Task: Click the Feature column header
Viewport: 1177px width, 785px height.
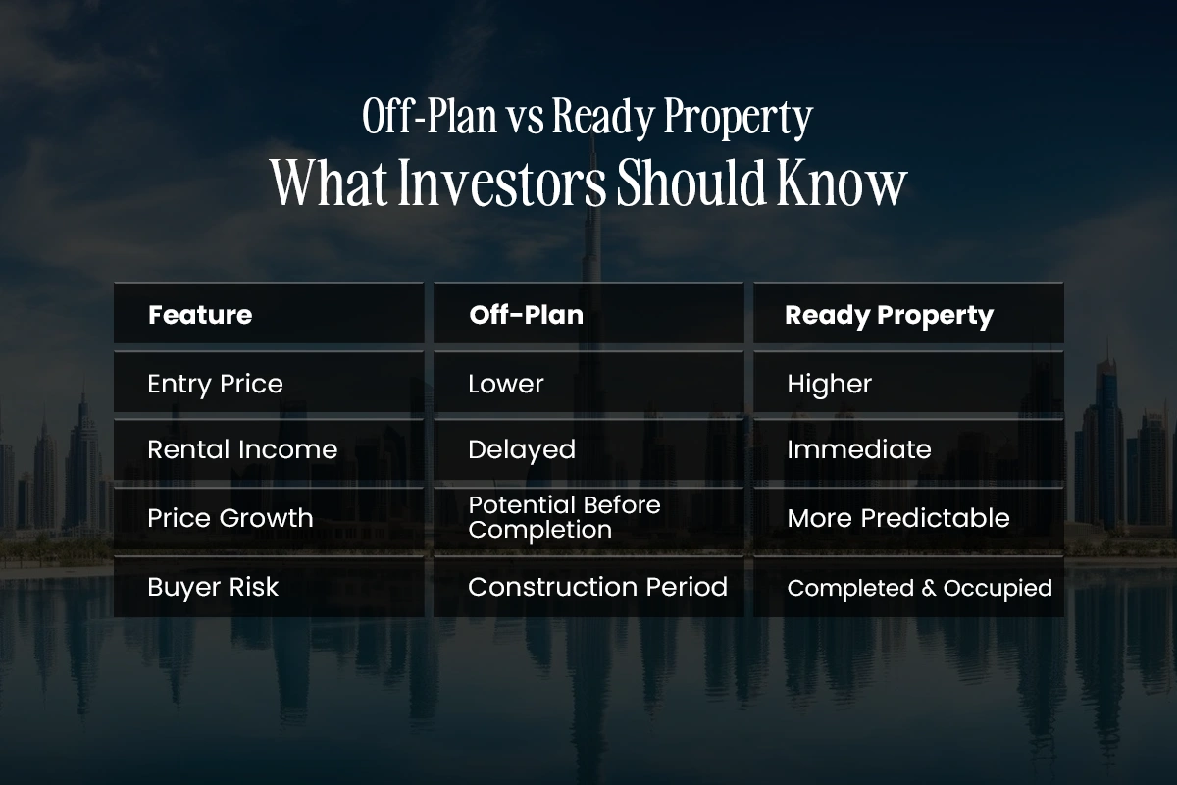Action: click(200, 315)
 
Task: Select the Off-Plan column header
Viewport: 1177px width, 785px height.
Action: click(527, 315)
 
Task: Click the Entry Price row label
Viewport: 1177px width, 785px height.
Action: click(215, 385)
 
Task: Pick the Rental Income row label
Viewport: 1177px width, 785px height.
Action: click(242, 449)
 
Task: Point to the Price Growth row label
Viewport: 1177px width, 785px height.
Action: click(230, 518)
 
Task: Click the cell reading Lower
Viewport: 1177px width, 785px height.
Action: click(506, 384)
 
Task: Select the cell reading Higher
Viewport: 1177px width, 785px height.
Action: click(829, 384)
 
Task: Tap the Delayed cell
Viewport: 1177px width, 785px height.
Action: click(522, 450)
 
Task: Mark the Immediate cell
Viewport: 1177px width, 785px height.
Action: click(859, 449)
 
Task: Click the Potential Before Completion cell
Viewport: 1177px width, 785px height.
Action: click(564, 517)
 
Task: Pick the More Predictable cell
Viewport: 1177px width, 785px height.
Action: click(898, 518)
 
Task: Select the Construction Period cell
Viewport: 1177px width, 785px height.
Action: click(598, 587)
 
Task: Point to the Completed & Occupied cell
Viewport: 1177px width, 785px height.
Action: click(920, 589)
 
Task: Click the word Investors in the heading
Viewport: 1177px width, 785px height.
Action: click(502, 183)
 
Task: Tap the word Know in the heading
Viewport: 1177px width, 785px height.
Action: click(842, 183)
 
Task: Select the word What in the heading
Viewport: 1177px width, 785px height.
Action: click(330, 183)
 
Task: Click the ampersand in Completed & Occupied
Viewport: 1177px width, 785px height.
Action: click(929, 589)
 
